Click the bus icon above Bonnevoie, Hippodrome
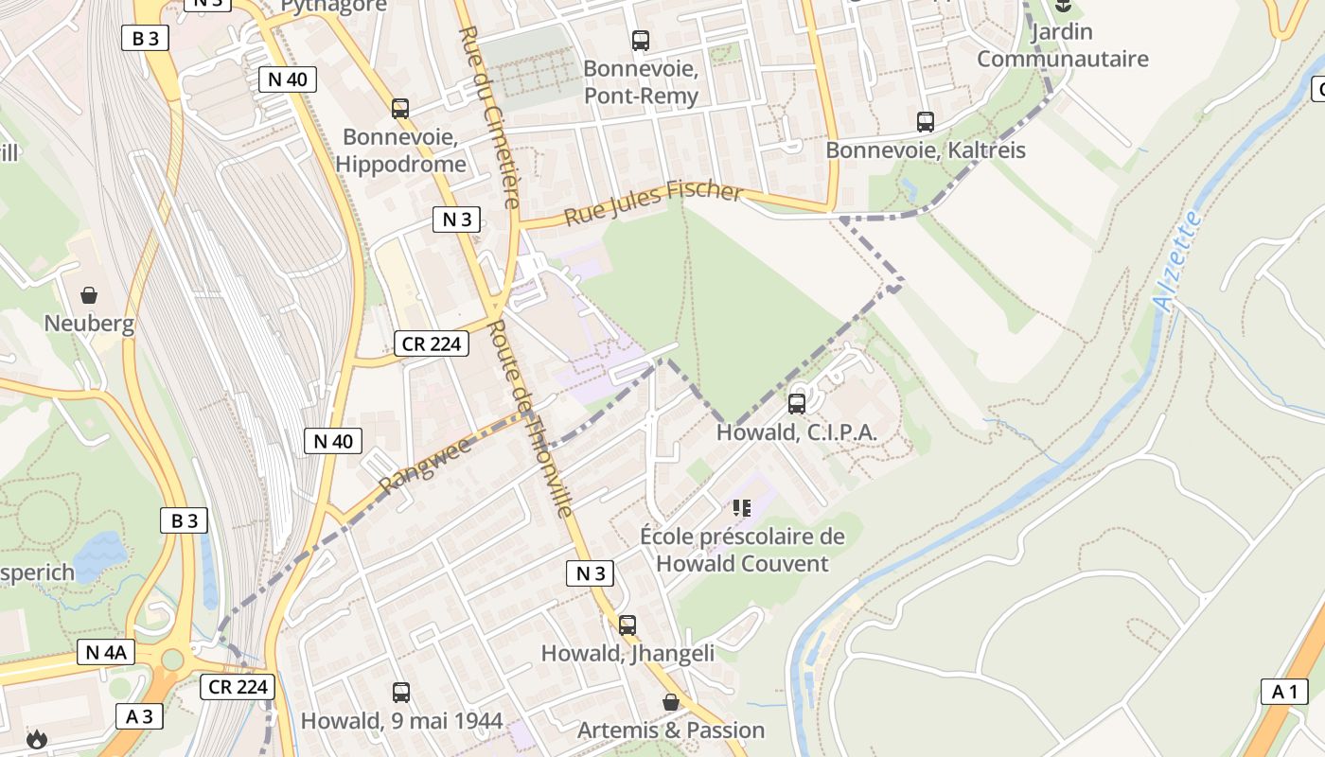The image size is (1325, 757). pyautogui.click(x=400, y=109)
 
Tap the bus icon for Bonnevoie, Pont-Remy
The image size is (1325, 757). pyautogui.click(x=641, y=41)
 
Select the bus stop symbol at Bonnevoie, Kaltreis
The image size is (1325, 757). pyautogui.click(x=925, y=122)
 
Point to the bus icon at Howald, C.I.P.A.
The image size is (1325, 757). pyautogui.click(x=797, y=404)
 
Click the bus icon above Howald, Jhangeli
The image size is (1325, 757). pyautogui.click(x=627, y=625)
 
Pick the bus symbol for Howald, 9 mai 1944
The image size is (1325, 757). pyautogui.click(x=401, y=693)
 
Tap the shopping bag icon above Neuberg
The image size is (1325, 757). pyautogui.click(x=89, y=296)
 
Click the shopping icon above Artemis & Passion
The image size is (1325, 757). pyautogui.click(x=670, y=702)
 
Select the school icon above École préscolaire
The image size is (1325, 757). pyautogui.click(x=742, y=508)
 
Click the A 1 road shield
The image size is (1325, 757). pyautogui.click(x=1284, y=692)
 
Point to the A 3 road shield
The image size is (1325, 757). pyautogui.click(x=139, y=716)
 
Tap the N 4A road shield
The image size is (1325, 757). pyautogui.click(x=105, y=652)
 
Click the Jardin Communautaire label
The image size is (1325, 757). pyautogui.click(x=1062, y=45)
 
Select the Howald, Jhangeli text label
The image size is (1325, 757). pyautogui.click(x=627, y=654)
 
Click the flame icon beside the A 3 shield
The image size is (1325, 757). pyautogui.click(x=36, y=739)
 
